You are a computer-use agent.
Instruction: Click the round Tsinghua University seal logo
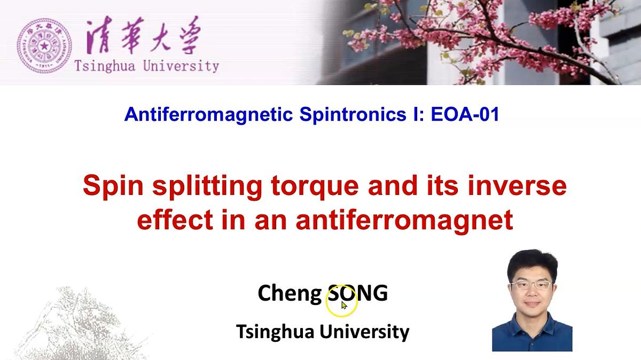point(44,46)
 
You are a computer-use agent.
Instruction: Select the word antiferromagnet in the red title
point(405,220)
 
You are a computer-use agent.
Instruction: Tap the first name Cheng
point(289,293)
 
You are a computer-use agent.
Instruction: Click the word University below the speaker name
point(365,331)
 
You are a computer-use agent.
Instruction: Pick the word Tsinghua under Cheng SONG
point(276,332)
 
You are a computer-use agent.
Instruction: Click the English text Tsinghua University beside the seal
point(147,67)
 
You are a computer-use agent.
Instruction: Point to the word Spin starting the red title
point(113,186)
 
